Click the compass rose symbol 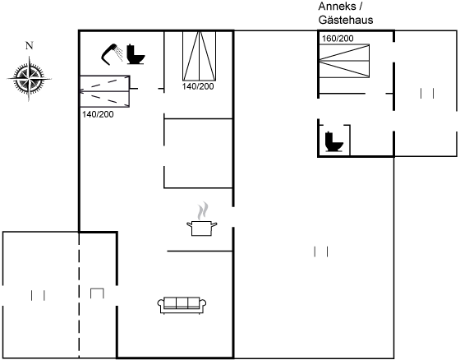[x=29, y=79]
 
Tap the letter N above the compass [x=29, y=45]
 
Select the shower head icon [x=112, y=54]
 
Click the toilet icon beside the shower [x=136, y=54]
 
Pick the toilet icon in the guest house [x=333, y=142]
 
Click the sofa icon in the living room [x=182, y=306]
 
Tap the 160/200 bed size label [x=338, y=39]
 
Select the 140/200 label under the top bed [x=198, y=86]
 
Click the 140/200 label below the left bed [x=98, y=114]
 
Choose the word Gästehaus [x=346, y=20]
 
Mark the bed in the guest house [x=344, y=61]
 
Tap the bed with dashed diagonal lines [x=105, y=91]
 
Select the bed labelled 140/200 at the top [x=199, y=56]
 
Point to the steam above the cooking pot [x=202, y=210]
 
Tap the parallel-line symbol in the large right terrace [x=321, y=252]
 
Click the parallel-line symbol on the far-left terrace [x=38, y=295]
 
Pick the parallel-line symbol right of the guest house [x=427, y=94]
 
